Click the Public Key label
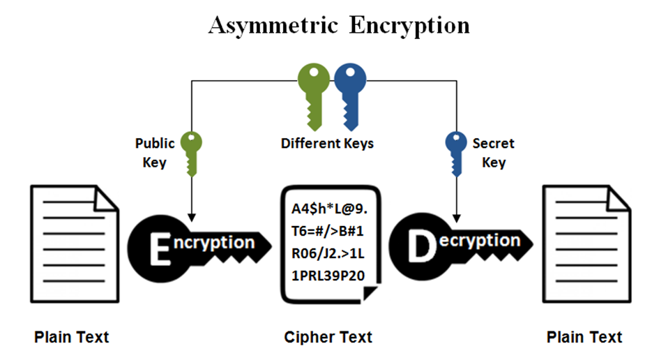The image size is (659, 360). pos(154,153)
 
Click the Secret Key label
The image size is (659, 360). pos(493,153)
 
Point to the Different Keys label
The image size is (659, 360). pos(327,144)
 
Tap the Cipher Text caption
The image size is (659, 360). pos(328,338)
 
